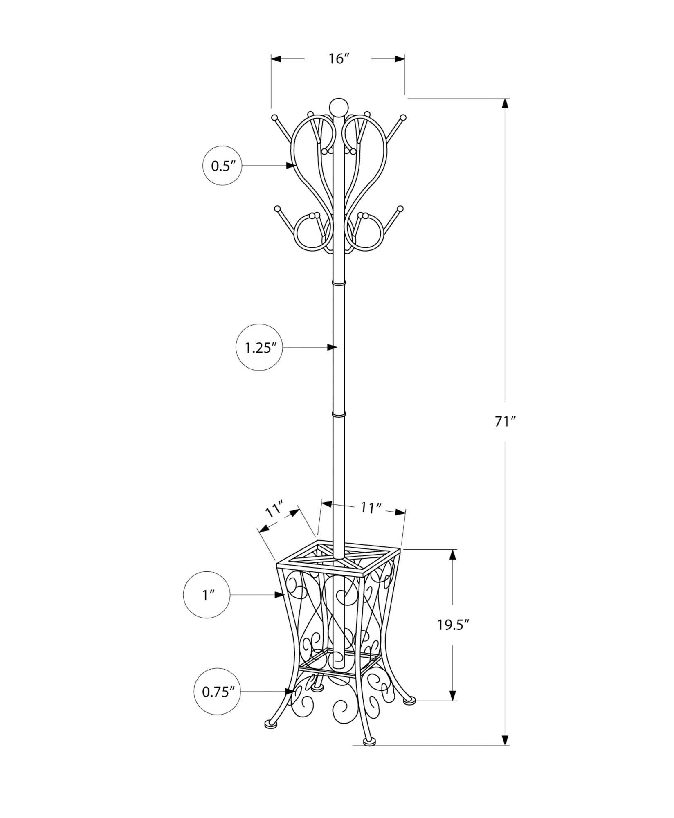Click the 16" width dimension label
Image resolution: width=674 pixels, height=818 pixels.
point(338,59)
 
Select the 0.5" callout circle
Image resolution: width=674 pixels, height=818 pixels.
point(222,166)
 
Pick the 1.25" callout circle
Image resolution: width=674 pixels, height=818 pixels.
point(259,348)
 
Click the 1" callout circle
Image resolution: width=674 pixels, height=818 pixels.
point(207,595)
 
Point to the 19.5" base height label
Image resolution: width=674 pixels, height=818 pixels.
point(452,636)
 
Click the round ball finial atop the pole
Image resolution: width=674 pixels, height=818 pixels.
point(338,108)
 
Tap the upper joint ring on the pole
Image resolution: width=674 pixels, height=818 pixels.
point(339,283)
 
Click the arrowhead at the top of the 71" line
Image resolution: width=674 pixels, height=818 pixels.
point(505,103)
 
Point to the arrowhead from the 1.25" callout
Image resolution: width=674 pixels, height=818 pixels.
point(332,348)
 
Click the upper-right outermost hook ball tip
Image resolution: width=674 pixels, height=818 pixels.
point(403,117)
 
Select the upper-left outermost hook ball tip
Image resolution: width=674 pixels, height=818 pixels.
point(274,117)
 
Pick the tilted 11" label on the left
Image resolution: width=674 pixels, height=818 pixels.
point(274,510)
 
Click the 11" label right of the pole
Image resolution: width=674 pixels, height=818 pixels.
point(371,508)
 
